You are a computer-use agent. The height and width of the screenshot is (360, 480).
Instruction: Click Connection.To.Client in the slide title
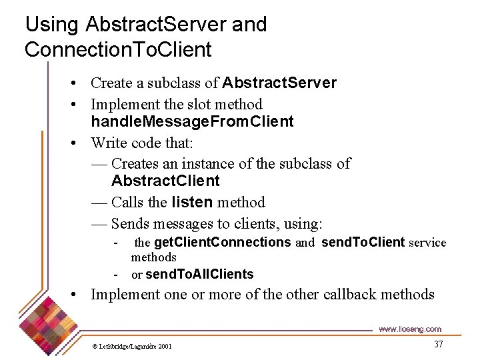118,49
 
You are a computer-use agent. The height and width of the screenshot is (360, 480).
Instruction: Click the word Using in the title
51,25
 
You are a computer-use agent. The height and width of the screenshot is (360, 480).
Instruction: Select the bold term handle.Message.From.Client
192,121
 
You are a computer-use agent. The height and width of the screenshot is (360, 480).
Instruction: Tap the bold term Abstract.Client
165,181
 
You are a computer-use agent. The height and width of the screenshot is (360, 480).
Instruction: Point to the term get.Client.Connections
222,243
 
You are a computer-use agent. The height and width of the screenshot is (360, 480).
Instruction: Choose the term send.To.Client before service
363,243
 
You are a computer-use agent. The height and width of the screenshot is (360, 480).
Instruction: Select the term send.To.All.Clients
199,275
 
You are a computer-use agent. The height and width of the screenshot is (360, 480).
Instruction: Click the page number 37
438,344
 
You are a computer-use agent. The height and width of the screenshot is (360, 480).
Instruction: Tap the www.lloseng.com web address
409,329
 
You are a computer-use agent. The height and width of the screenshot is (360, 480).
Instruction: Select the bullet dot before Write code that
78,143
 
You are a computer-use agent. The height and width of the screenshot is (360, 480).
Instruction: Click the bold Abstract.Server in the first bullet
279,83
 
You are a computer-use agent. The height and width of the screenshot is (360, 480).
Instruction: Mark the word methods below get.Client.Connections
153,257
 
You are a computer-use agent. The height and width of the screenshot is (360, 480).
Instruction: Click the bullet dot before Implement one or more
78,295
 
